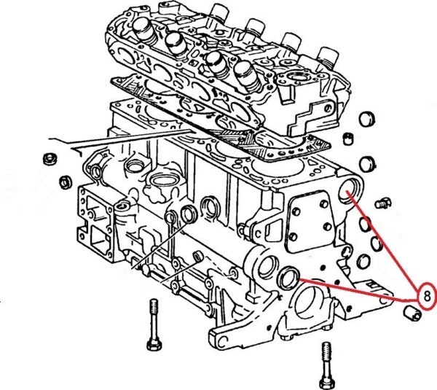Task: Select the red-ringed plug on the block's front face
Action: [289, 278]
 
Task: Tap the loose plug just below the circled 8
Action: [412, 314]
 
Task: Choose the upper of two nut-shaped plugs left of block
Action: [50, 158]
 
